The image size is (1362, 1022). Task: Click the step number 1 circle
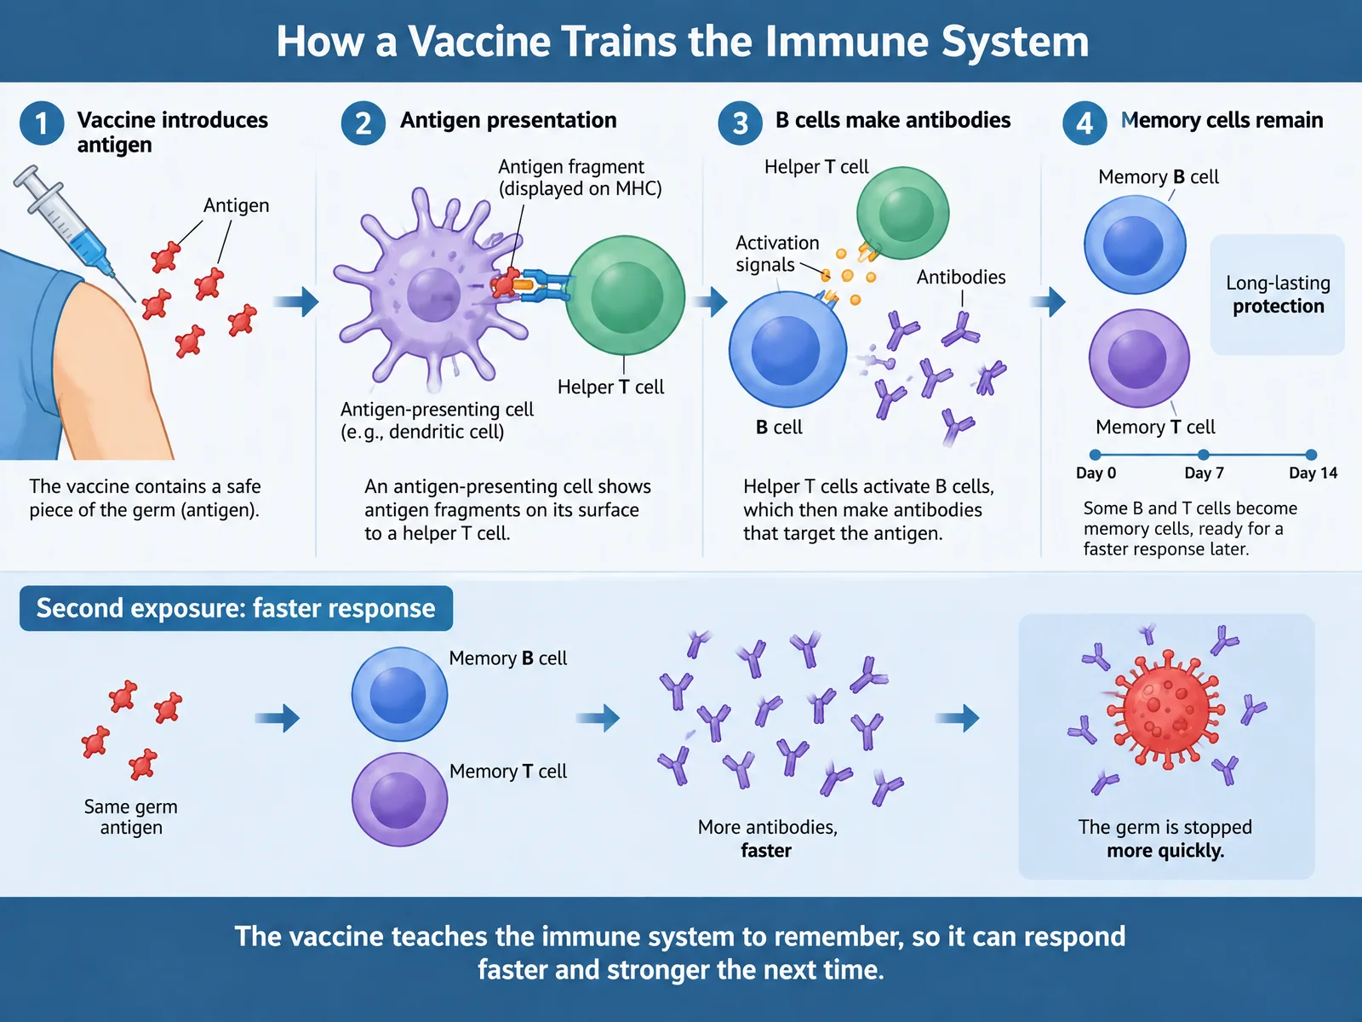pyautogui.click(x=42, y=123)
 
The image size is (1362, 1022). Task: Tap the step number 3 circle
pyautogui.click(x=740, y=123)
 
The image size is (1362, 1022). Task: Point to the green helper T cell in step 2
pyautogui.click(x=626, y=296)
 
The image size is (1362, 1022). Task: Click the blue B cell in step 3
pyautogui.click(x=787, y=348)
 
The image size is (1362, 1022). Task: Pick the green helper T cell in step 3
pyautogui.click(x=903, y=213)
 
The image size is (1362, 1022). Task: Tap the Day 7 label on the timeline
pyautogui.click(x=1204, y=473)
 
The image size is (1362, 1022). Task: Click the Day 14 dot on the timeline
pyautogui.click(x=1310, y=455)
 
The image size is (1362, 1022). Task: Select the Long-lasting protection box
pyautogui.click(x=1278, y=294)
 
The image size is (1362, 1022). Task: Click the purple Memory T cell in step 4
pyautogui.click(x=1139, y=358)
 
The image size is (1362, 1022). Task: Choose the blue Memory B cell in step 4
pyautogui.click(x=1135, y=244)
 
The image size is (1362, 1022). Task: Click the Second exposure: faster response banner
pyautogui.click(x=236, y=608)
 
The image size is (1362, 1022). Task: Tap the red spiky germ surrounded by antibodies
pyautogui.click(x=1166, y=709)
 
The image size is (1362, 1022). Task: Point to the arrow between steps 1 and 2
pyautogui.click(x=296, y=302)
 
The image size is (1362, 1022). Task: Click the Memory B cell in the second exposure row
pyautogui.click(x=399, y=694)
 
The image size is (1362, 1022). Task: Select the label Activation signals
pyautogui.click(x=777, y=253)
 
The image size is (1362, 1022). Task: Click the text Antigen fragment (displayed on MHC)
pyautogui.click(x=581, y=177)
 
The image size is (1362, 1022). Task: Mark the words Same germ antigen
pyautogui.click(x=131, y=817)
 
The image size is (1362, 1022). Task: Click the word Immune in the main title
pyautogui.click(x=846, y=42)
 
